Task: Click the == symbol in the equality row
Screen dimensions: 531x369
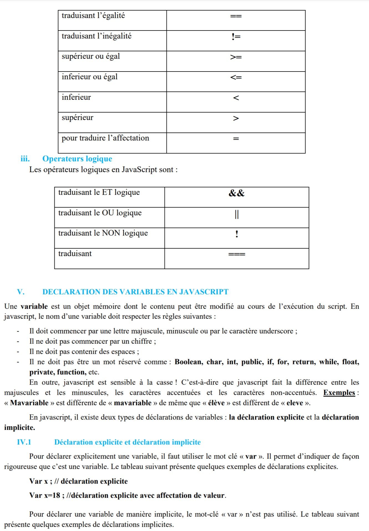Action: click(x=236, y=16)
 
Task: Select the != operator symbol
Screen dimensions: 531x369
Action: click(x=236, y=37)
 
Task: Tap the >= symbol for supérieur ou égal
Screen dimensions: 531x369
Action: click(x=236, y=57)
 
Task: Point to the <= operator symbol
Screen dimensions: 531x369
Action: click(x=236, y=77)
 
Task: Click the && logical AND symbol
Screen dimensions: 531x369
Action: click(x=236, y=193)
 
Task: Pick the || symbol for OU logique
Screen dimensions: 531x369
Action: click(x=236, y=214)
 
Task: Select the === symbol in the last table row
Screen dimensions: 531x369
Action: click(x=237, y=254)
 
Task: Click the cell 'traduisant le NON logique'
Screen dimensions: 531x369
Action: click(x=103, y=233)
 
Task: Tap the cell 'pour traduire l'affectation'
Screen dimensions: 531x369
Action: click(x=105, y=138)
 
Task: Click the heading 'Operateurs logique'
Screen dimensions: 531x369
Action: click(x=77, y=159)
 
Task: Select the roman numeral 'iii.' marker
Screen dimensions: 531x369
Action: click(x=25, y=159)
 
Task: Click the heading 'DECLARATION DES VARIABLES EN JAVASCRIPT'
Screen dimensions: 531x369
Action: click(x=135, y=292)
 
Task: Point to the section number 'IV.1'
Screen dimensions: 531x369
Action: click(x=24, y=442)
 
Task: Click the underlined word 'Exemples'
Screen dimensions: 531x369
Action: click(x=339, y=393)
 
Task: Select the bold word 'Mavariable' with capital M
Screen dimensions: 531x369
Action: click(x=29, y=403)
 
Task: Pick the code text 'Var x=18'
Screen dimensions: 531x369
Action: click(x=45, y=496)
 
